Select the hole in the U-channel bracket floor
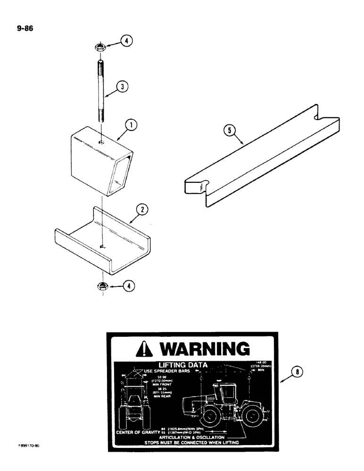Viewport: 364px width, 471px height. [103, 245]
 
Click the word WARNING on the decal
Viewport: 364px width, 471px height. [203, 349]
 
